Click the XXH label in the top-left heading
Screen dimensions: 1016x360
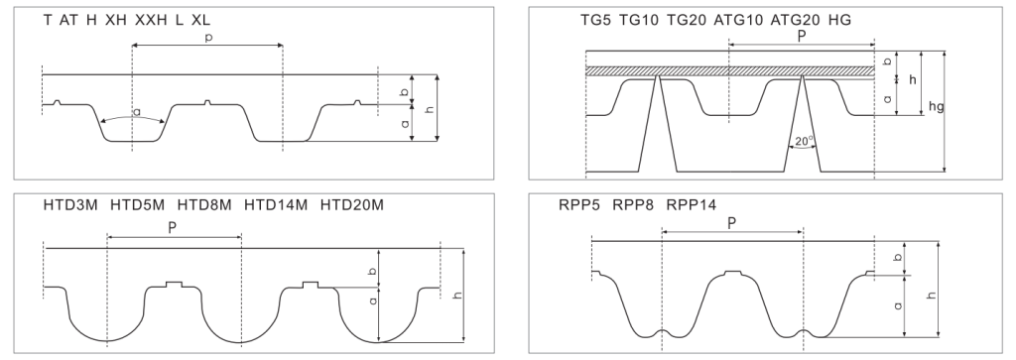152,20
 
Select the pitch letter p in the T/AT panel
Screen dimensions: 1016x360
208,38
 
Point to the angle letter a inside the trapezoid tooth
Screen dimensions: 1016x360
137,112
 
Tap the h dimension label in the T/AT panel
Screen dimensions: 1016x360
429,109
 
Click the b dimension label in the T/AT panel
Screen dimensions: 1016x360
405,92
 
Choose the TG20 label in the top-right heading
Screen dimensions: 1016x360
687,20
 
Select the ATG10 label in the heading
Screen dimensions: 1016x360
738,20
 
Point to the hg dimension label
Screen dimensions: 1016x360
936,106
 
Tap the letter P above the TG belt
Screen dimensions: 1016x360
802,37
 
